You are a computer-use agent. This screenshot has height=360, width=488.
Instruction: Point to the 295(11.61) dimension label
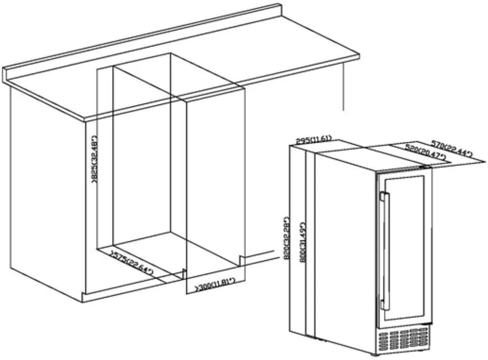(x=313, y=141)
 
